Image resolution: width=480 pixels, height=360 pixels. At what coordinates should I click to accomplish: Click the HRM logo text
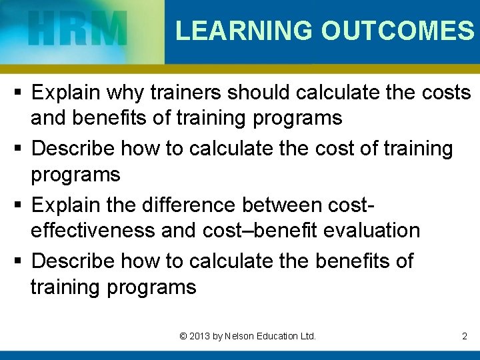(x=78, y=31)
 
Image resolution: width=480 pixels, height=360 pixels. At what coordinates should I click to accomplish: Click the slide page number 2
(x=465, y=336)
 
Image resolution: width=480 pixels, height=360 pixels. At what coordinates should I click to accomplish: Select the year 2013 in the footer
(x=199, y=336)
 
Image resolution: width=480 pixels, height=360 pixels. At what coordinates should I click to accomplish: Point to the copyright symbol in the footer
(x=183, y=336)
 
